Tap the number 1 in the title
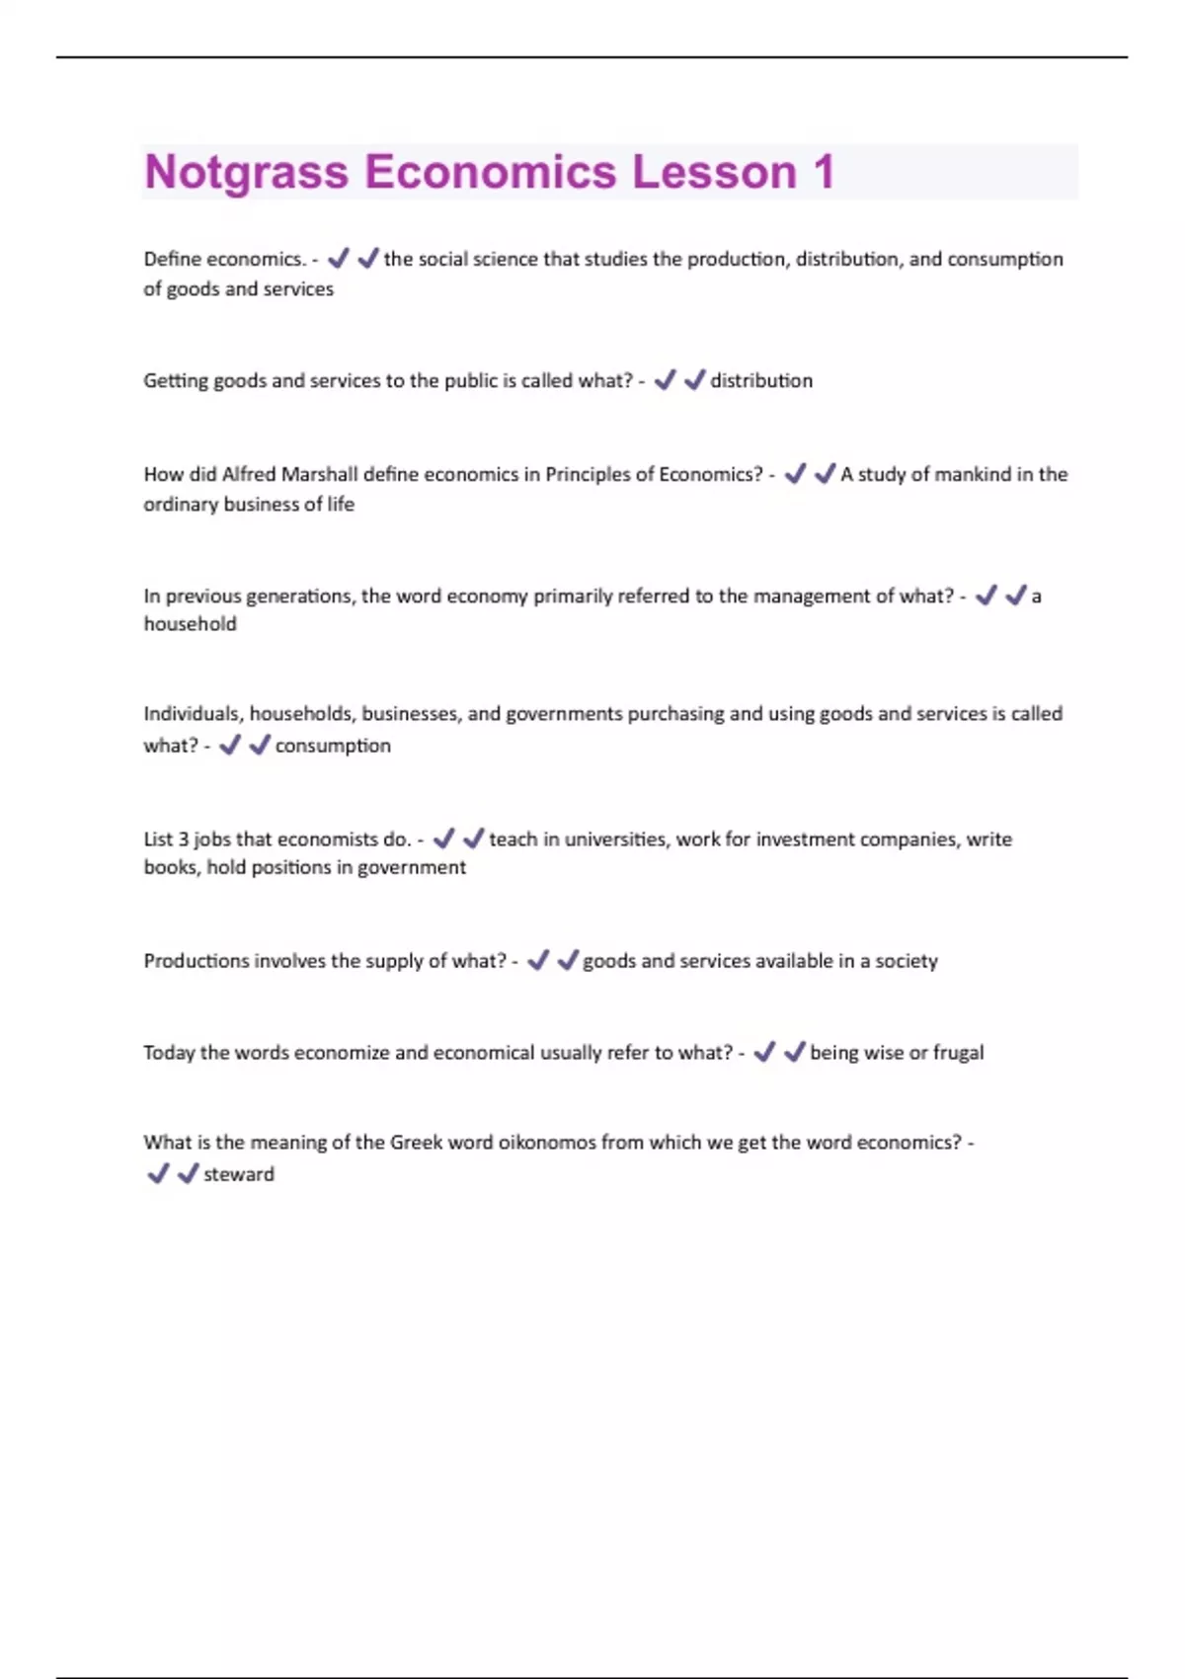tap(824, 172)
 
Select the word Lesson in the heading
tap(714, 172)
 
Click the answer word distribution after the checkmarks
tap(761, 380)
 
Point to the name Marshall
tap(319, 474)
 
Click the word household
tap(190, 624)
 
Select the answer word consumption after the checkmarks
tap(333, 746)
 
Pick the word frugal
tap(958, 1053)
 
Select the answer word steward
tap(239, 1174)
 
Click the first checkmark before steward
tap(157, 1173)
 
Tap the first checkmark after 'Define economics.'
tap(339, 259)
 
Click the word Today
tap(169, 1053)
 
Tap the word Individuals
tap(192, 714)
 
